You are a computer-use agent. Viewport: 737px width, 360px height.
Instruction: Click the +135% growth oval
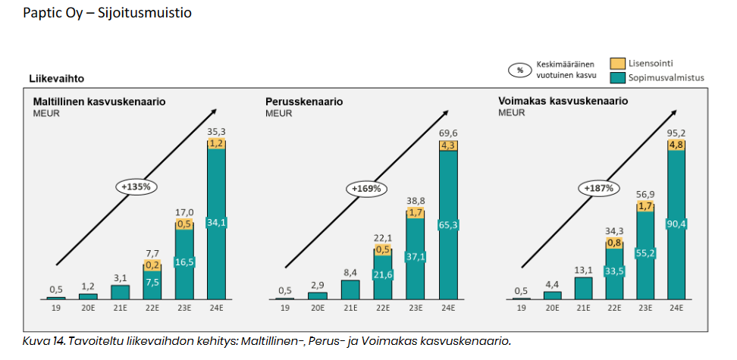[133, 186]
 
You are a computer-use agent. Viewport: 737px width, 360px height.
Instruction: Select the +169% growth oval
[366, 188]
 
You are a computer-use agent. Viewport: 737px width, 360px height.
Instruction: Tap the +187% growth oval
[599, 188]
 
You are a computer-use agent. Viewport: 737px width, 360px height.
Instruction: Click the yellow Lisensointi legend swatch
[617, 64]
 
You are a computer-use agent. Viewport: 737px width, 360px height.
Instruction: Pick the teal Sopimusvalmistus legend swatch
[617, 77]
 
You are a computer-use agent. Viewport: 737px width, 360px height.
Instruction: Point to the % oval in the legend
[520, 70]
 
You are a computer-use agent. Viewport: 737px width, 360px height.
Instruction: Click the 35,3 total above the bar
[217, 133]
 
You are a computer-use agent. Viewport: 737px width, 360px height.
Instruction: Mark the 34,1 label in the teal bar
[217, 223]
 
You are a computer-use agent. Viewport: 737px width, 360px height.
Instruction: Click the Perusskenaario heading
[304, 102]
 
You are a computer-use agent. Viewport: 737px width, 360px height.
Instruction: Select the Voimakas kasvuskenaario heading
[551, 102]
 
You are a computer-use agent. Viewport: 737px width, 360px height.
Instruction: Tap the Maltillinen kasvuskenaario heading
[99, 102]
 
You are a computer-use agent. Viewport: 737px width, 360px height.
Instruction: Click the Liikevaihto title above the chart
[57, 78]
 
